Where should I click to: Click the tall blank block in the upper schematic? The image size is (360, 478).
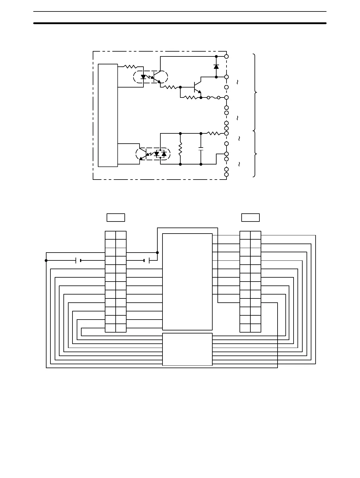point(108,115)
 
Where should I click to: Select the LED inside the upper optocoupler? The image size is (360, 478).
point(143,77)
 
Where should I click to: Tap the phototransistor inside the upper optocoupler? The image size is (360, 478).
point(157,77)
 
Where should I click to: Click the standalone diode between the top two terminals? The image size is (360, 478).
point(216,67)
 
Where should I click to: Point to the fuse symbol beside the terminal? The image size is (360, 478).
point(214,97)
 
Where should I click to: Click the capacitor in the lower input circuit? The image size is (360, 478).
point(201,148)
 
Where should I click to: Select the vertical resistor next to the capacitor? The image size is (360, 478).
point(180,149)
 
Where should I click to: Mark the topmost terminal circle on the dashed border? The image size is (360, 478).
point(227,56)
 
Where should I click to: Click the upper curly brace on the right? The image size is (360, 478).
point(255,92)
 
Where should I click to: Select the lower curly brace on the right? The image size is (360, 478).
point(255,154)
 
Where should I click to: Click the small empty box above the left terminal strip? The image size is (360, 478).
point(116,217)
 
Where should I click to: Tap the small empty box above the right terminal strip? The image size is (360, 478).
point(250,217)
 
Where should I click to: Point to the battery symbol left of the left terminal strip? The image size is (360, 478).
point(78,260)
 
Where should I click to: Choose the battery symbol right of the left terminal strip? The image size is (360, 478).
point(147,260)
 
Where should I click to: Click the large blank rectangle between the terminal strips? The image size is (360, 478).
point(187,282)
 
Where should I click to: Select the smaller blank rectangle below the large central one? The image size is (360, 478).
point(187,349)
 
